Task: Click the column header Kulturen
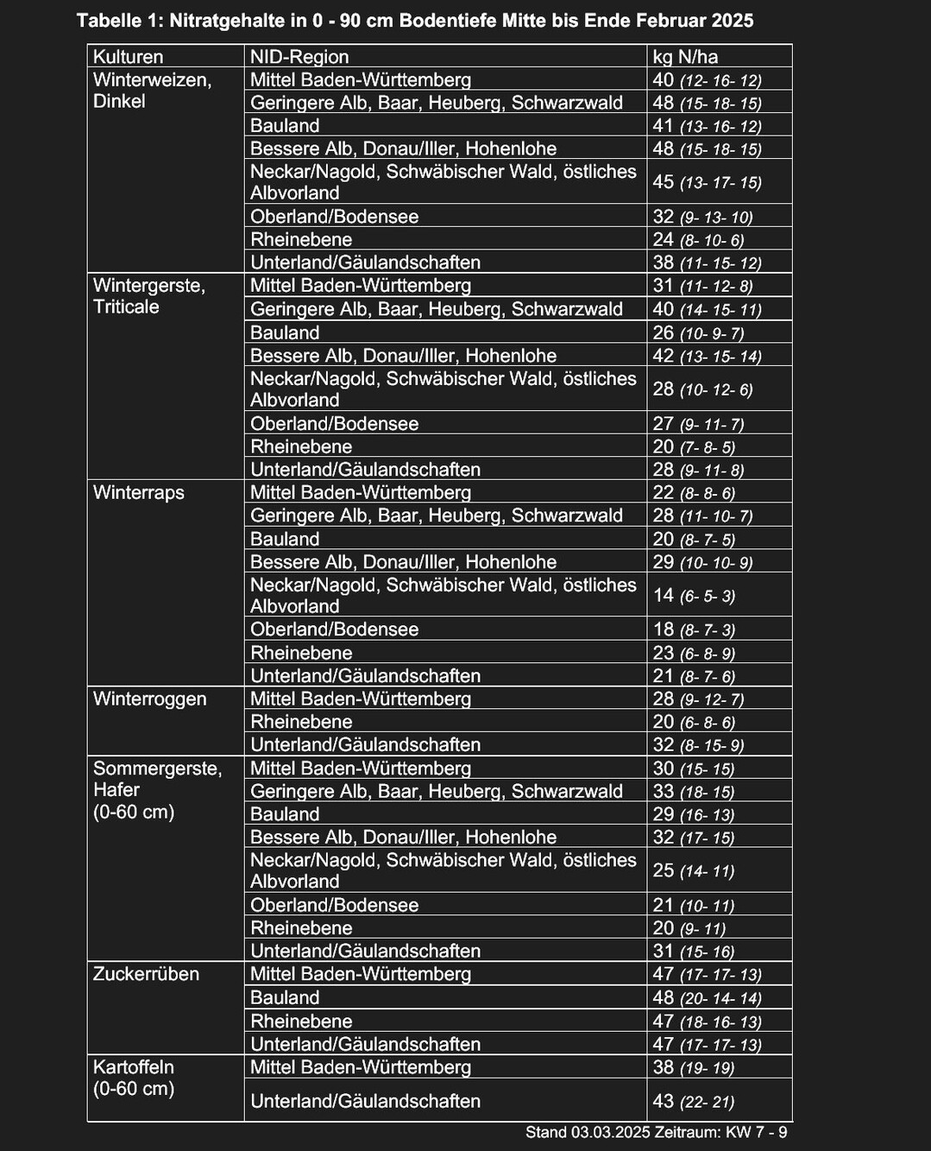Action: point(128,57)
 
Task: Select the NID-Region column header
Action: point(299,57)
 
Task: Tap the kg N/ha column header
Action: point(685,57)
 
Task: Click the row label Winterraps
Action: point(138,492)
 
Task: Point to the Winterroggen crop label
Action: point(149,699)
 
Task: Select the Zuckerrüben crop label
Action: point(146,974)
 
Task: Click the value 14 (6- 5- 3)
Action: point(694,595)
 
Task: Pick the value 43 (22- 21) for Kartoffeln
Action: point(693,1101)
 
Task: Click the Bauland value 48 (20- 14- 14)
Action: point(707,997)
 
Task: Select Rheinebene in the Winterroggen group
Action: point(301,722)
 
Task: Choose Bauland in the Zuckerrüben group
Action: point(285,997)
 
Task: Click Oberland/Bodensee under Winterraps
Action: point(334,629)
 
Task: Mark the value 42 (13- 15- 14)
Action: point(707,355)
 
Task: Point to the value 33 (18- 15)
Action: point(693,791)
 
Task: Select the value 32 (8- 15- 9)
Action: point(698,744)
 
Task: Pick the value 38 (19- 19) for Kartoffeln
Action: point(693,1067)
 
